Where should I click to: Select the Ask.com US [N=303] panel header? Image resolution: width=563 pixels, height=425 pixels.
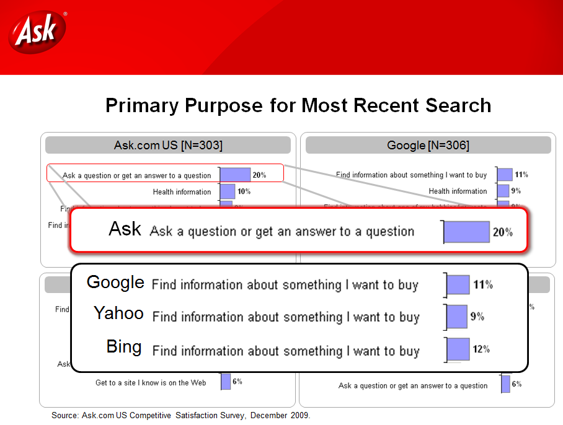point(168,145)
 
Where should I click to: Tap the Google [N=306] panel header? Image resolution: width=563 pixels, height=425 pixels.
point(428,145)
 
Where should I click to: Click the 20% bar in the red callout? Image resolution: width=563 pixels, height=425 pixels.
point(467,232)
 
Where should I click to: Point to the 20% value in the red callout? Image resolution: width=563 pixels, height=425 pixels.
point(502,232)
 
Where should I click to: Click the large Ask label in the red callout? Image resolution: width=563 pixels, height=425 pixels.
point(125,229)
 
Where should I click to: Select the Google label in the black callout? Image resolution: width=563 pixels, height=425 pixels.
point(115,283)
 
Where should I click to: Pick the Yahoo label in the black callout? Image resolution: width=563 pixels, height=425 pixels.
point(118,313)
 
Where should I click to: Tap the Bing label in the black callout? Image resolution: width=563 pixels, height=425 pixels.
point(124,347)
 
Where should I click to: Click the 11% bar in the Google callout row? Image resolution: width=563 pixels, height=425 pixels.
point(458,285)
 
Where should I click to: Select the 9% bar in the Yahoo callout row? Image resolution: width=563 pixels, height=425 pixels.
point(457,317)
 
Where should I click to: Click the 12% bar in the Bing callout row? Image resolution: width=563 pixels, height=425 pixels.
point(459,349)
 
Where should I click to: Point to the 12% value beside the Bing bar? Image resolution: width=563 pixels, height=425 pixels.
point(481,349)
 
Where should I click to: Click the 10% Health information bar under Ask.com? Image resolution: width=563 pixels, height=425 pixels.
point(228,191)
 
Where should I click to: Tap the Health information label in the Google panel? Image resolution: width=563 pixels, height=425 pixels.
point(458,191)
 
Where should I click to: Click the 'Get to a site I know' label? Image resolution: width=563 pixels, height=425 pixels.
point(151,383)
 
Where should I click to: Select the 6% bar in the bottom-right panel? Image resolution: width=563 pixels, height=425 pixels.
point(505,384)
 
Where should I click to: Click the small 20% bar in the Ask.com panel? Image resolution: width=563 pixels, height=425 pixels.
point(235,175)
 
